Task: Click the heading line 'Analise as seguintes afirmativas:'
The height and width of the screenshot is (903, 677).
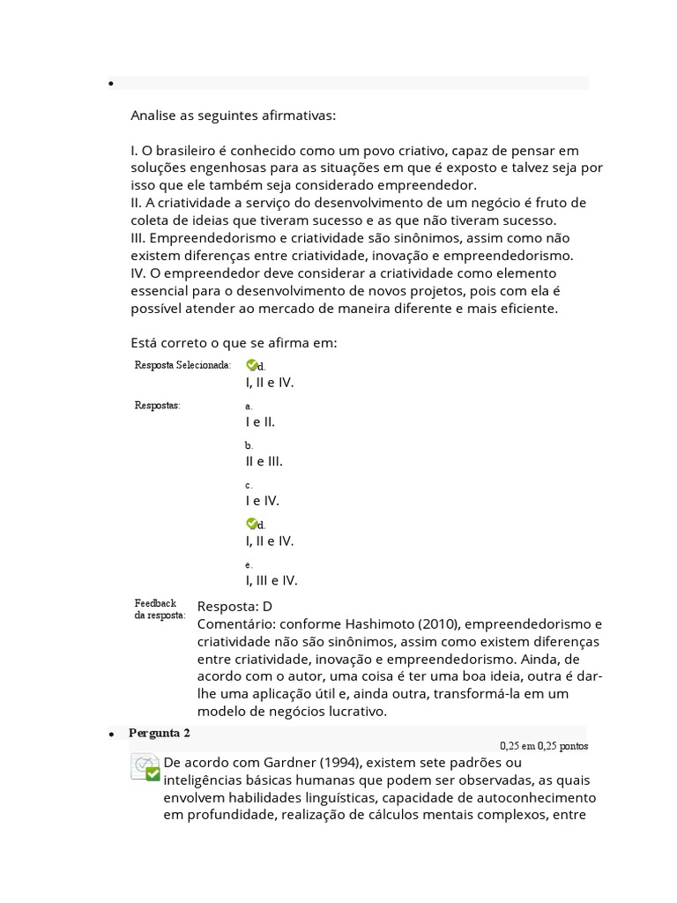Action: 233,116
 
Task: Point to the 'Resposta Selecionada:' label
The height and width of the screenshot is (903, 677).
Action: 182,365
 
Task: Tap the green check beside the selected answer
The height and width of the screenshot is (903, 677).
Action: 251,364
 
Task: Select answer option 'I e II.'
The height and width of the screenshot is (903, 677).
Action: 260,422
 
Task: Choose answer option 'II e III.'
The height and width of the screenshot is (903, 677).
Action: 264,461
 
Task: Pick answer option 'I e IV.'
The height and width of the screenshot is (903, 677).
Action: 262,501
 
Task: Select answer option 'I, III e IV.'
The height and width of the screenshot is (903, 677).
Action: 272,580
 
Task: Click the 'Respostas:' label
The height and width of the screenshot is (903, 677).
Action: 157,406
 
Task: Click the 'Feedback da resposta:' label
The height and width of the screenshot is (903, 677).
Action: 160,609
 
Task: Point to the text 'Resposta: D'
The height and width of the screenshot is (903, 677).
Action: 234,607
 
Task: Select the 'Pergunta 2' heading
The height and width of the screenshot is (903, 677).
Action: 159,734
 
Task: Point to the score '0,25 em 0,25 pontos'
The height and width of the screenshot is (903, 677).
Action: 543,746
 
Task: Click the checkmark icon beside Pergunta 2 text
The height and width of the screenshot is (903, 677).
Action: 145,766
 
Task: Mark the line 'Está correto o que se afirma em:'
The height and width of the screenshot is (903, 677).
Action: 234,343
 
